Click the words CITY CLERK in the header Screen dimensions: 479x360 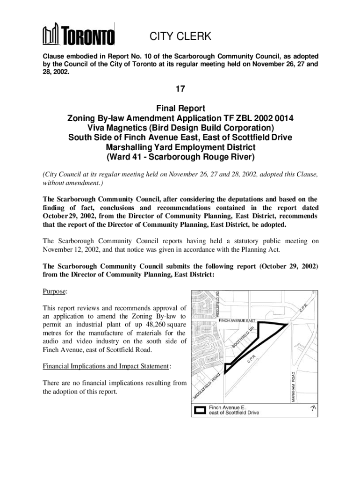pyautogui.click(x=180, y=36)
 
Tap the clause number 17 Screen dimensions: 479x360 pyautogui.click(x=180, y=88)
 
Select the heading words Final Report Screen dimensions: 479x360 pyautogui.click(x=180, y=109)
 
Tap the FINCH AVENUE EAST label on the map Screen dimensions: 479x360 pyautogui.click(x=237, y=320)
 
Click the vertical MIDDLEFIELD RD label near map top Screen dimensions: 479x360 pyautogui.click(x=217, y=304)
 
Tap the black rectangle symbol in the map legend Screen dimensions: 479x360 pyautogui.click(x=200, y=410)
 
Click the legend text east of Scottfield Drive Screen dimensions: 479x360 pyautogui.click(x=234, y=413)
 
